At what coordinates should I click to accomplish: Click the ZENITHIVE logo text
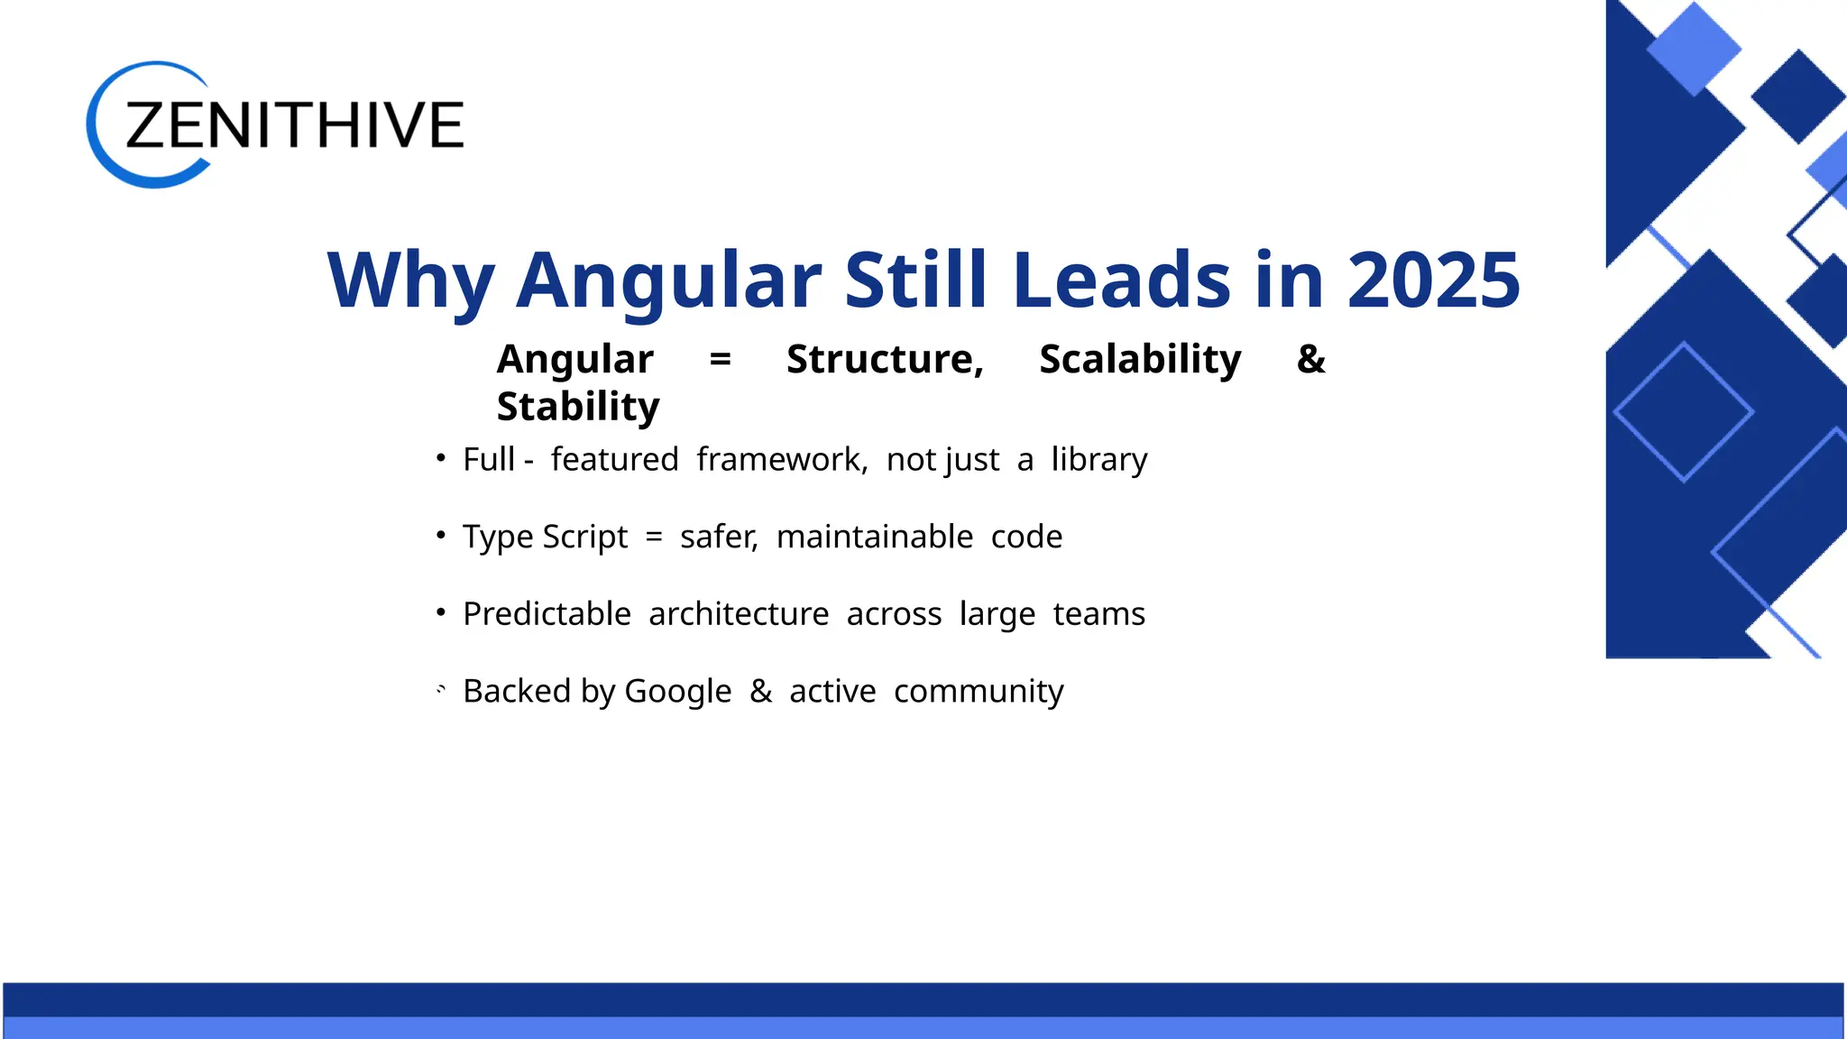coord(294,124)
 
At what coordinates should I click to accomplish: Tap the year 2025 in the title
coord(1433,280)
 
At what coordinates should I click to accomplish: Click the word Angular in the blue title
coord(668,280)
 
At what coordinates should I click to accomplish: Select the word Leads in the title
coord(1121,280)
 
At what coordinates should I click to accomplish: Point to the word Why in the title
coord(410,280)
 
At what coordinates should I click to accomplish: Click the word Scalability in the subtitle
coord(1140,359)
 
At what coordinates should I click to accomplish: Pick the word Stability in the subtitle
coord(578,407)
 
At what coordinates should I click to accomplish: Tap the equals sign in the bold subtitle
coord(720,359)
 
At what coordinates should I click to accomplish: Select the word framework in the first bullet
coord(780,460)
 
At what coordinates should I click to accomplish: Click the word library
coord(1098,460)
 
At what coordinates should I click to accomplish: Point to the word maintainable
coord(874,537)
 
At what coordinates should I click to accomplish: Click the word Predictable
coord(547,614)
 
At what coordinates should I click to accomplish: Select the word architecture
coord(738,614)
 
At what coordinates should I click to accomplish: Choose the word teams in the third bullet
coord(1098,614)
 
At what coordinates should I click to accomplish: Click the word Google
coord(677,692)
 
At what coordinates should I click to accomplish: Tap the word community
coord(979,692)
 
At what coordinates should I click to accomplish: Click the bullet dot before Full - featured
coord(441,458)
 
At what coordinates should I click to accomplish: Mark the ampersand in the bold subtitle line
coord(1310,359)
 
